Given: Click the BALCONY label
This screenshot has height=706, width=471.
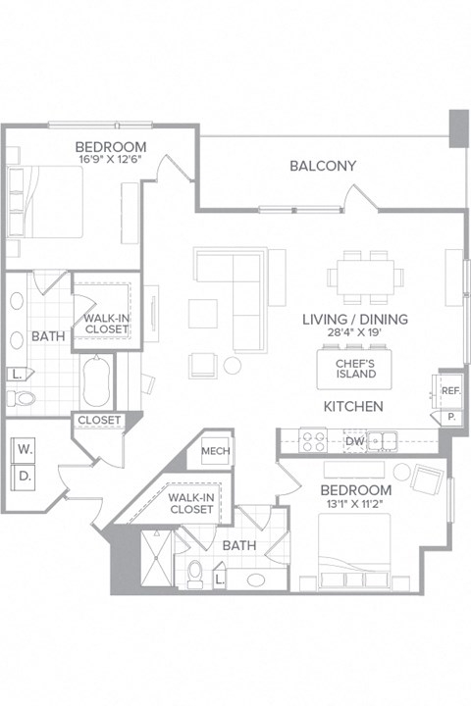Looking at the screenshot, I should pyautogui.click(x=322, y=166).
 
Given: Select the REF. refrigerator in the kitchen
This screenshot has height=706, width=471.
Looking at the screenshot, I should pyautogui.click(x=450, y=390).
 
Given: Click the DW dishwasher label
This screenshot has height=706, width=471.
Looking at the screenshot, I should pyautogui.click(x=355, y=442).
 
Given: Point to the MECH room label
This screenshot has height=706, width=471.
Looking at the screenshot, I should pyautogui.click(x=216, y=451).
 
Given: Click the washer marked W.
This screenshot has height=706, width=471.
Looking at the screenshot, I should pyautogui.click(x=24, y=451).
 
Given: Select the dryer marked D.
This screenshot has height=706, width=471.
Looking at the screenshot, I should pyautogui.click(x=24, y=479).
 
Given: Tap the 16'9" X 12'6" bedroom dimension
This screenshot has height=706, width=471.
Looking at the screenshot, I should pyautogui.click(x=111, y=161).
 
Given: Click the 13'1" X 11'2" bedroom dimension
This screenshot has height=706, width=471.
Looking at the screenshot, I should pyautogui.click(x=354, y=504).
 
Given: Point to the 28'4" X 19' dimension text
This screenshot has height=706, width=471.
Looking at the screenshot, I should pyautogui.click(x=354, y=333).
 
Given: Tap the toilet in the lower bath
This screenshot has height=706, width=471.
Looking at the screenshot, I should pyautogui.click(x=195, y=571).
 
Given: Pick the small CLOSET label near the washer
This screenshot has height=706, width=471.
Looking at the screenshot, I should pyautogui.click(x=98, y=421).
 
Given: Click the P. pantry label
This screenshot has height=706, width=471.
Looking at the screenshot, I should pyautogui.click(x=451, y=416).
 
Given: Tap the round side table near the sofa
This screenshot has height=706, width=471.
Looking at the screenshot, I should pyautogui.click(x=233, y=365).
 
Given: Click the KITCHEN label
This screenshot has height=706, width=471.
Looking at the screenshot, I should pyautogui.click(x=353, y=406).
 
